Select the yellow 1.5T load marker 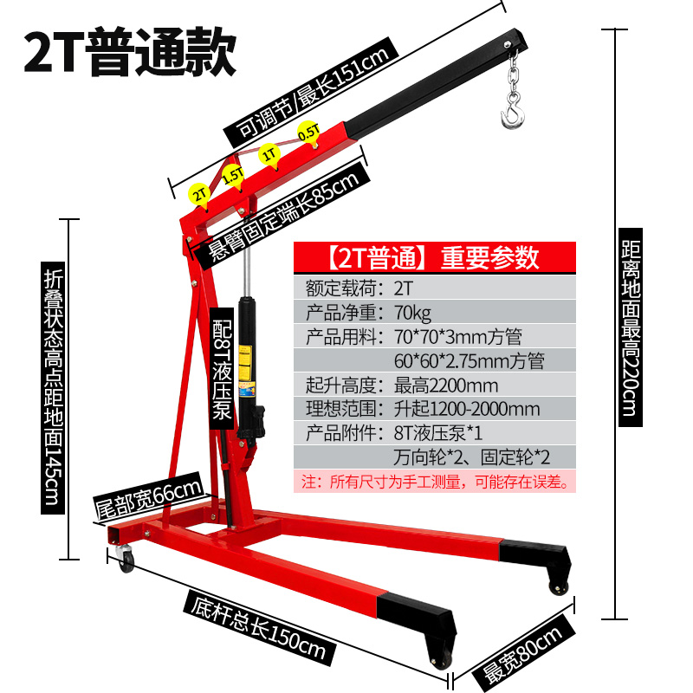coord(232,174)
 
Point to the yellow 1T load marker coord(269,153)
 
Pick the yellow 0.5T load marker coord(308,132)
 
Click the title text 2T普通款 coord(130,54)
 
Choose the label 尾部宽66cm coord(148,500)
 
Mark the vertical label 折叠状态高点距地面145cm coord(53,385)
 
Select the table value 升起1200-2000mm coord(466,408)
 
